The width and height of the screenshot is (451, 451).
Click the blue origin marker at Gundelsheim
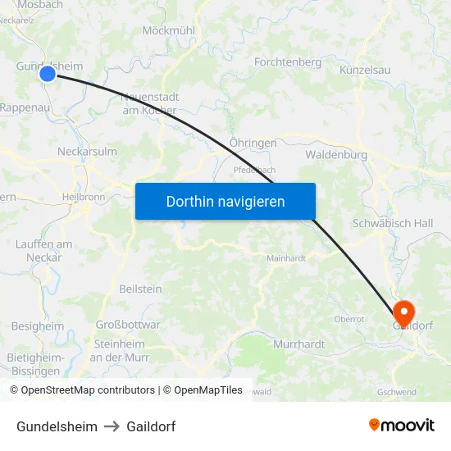pos(48,74)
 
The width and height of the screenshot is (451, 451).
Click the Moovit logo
pos(401,426)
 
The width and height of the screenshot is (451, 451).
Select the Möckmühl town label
pos(168,30)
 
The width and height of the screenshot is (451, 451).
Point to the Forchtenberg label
pos(288,62)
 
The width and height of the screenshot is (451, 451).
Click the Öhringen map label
pos(253,143)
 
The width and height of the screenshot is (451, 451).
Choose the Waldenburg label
pos(335,154)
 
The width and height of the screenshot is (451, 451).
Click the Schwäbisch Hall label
pos(392,223)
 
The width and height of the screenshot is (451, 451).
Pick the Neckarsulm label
pos(87,152)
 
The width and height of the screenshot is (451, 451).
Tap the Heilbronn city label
pos(83,198)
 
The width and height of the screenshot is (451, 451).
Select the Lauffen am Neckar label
pos(44,250)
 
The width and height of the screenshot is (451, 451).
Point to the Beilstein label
pos(140,289)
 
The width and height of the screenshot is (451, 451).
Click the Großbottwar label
pos(128,325)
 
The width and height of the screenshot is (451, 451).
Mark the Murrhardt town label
pos(298,344)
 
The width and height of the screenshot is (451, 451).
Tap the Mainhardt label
pos(285,257)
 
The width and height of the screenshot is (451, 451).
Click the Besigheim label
pos(38,326)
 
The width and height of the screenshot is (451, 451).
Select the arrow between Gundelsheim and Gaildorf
pos(112,426)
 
